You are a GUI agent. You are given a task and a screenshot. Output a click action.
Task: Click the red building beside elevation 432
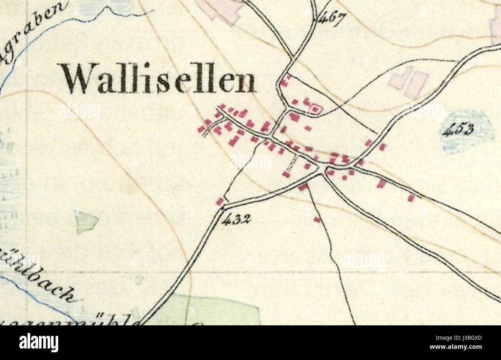220,201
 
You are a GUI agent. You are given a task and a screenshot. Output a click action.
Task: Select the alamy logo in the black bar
39,342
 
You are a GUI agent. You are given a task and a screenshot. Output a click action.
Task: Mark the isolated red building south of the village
317,219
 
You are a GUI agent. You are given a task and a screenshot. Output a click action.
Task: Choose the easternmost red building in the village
411,198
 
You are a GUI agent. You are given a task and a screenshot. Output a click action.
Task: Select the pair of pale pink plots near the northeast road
409,81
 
